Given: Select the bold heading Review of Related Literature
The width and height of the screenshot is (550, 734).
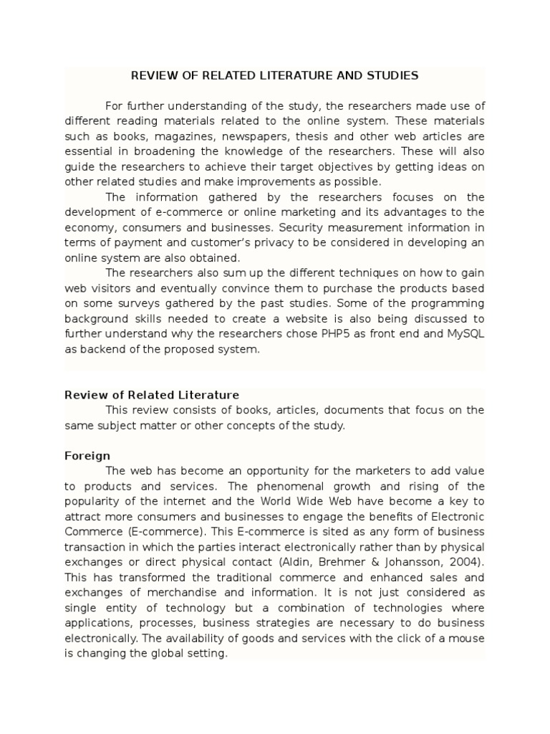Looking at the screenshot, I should [x=152, y=395].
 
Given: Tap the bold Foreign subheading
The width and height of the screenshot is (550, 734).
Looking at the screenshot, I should [x=87, y=456].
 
